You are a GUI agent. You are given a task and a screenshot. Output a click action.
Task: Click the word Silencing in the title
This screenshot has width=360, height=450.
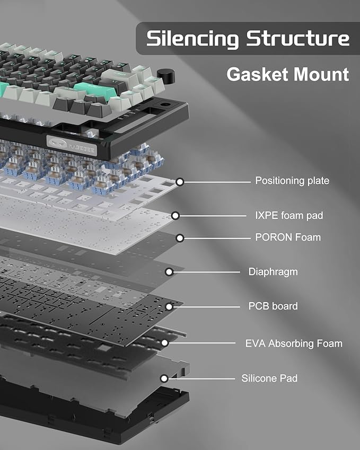pyautogui.click(x=192, y=38)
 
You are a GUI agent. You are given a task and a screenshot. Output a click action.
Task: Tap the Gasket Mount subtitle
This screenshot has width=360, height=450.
pyautogui.click(x=287, y=74)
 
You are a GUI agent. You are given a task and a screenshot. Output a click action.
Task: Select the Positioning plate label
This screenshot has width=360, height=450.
pyautogui.click(x=292, y=181)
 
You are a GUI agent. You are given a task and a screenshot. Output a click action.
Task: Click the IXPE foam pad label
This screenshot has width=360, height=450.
pyautogui.click(x=289, y=215)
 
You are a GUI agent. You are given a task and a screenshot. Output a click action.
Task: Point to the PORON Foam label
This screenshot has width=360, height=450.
pyautogui.click(x=288, y=237)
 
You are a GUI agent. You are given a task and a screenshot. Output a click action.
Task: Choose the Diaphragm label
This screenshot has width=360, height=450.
pyautogui.click(x=273, y=272)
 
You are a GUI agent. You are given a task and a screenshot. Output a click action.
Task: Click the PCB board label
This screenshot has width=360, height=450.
pyautogui.click(x=273, y=306)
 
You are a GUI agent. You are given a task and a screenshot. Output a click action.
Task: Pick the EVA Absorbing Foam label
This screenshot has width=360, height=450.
pyautogui.click(x=294, y=343)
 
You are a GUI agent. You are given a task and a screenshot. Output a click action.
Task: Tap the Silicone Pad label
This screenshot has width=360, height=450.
pyautogui.click(x=269, y=378)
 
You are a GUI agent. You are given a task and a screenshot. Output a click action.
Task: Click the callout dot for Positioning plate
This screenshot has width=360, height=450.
pyautogui.click(x=180, y=182)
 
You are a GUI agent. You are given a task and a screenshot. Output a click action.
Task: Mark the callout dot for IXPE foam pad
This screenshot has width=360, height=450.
pyautogui.click(x=175, y=216)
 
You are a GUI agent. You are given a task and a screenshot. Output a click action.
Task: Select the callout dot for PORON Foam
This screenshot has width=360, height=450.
pyautogui.click(x=180, y=238)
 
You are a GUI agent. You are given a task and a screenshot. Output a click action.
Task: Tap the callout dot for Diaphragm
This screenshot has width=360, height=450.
pyautogui.click(x=169, y=272)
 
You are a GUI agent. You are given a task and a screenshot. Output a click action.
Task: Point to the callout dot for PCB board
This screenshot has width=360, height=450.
pyautogui.click(x=169, y=306)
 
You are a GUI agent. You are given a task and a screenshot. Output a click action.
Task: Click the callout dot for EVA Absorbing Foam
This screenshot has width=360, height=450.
pyautogui.click(x=164, y=343)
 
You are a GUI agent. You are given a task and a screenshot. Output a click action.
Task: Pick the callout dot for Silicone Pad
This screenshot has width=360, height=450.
pyautogui.click(x=164, y=378)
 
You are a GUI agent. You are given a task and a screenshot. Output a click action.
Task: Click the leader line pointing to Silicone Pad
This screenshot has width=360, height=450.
pyautogui.click(x=201, y=378)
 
